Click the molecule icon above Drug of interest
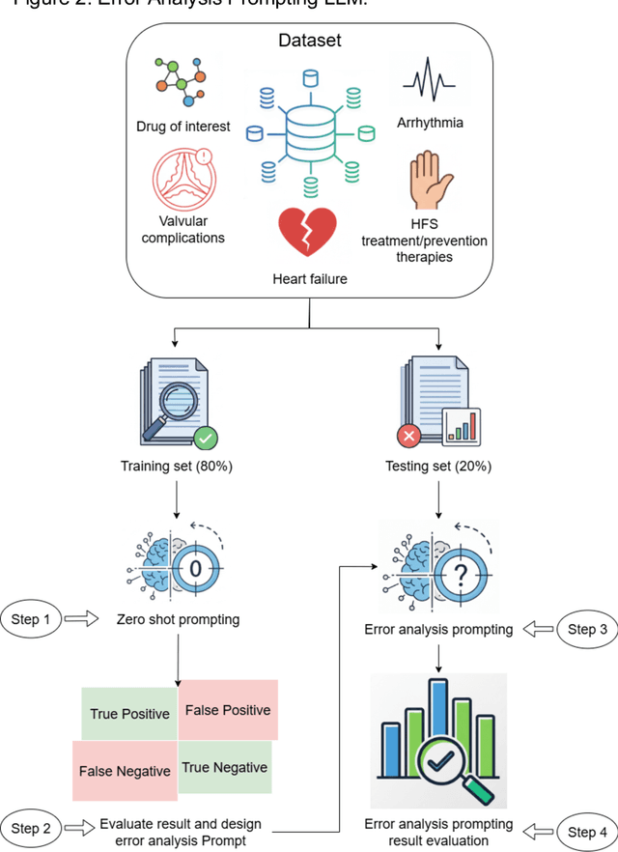coord(180,83)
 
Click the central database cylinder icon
coord(308,134)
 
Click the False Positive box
coord(228,709)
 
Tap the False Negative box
coord(125,770)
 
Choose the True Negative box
coord(224,767)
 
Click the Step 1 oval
coord(33,619)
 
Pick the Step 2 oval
coord(33,828)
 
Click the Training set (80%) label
coord(177,467)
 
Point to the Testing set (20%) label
coord(440,467)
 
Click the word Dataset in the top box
coord(309,41)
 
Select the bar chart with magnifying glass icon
coord(439,741)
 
